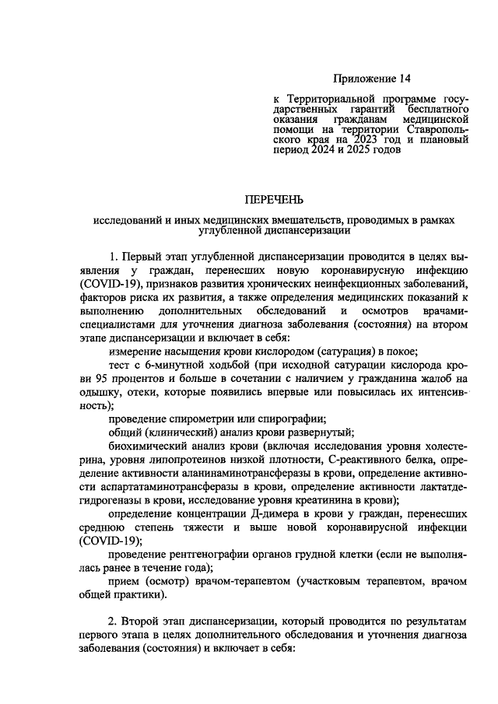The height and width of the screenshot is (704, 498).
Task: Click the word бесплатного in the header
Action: pos(433,110)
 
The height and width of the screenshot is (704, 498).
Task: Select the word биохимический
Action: pos(146,447)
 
